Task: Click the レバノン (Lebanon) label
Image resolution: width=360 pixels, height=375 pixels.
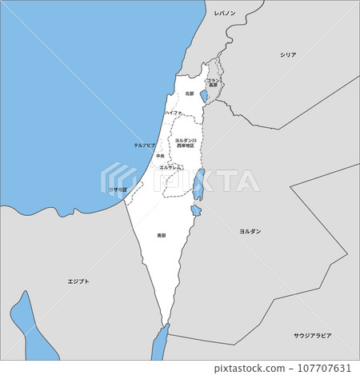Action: (x=224, y=14)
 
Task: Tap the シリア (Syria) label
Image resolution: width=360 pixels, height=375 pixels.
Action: (x=288, y=54)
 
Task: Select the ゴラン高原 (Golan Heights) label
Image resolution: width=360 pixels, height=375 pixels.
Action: (x=213, y=82)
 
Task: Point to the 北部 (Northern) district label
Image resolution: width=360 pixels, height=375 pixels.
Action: (x=190, y=94)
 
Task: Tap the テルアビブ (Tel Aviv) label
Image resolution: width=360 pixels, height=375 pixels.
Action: (x=144, y=145)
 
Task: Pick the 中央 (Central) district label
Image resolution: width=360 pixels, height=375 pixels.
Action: (x=161, y=156)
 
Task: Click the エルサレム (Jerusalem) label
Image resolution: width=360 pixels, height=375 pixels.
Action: (x=170, y=167)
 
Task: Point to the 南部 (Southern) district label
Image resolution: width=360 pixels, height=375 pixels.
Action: (x=162, y=235)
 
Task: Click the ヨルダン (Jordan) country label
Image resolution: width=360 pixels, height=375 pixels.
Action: (x=250, y=230)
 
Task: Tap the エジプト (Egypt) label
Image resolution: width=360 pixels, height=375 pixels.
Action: (x=78, y=281)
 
